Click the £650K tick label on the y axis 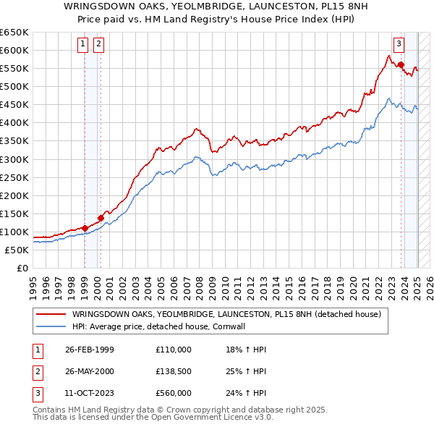pos(14,33)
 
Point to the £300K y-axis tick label pos(14,159)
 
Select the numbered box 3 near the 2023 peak pos(399,43)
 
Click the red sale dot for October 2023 pos(401,64)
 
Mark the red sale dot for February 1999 pos(85,228)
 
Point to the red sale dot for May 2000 pos(101,217)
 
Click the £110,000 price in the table pos(174,350)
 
